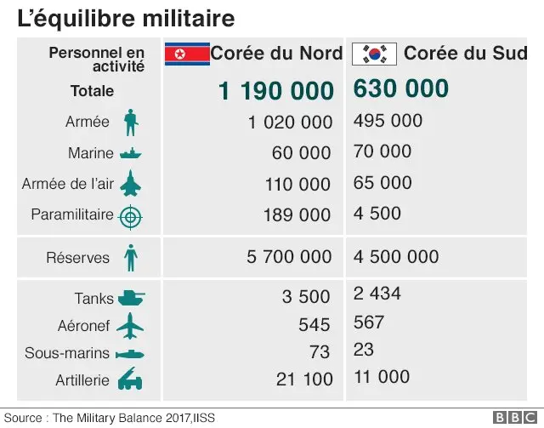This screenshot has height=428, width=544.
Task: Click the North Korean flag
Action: pos(186,54)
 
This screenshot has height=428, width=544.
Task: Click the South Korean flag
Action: pos(374,54)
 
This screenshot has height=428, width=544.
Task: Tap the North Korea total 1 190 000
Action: pos(275,90)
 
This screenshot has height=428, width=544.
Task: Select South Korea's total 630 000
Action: pos(400,88)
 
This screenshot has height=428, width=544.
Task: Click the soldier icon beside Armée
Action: pos(130,123)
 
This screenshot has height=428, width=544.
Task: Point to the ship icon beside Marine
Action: pos(130,154)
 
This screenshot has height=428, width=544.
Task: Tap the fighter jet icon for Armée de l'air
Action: pos(130,184)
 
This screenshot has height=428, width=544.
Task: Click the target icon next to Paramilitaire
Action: pos(130,216)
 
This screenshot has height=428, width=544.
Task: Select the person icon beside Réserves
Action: pos(130,258)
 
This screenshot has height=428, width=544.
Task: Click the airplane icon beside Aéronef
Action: pos(130,325)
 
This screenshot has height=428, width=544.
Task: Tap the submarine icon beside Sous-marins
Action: pos(130,353)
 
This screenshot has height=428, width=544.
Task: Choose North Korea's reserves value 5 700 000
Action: pos(289,257)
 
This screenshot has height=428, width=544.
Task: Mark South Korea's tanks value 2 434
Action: pos(377,294)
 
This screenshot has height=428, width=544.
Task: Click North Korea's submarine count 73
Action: pos(320,352)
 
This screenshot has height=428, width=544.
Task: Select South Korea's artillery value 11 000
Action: pos(382,377)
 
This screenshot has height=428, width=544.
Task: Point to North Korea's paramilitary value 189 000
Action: pos(297,215)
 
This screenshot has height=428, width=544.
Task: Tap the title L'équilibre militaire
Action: pos(127,17)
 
